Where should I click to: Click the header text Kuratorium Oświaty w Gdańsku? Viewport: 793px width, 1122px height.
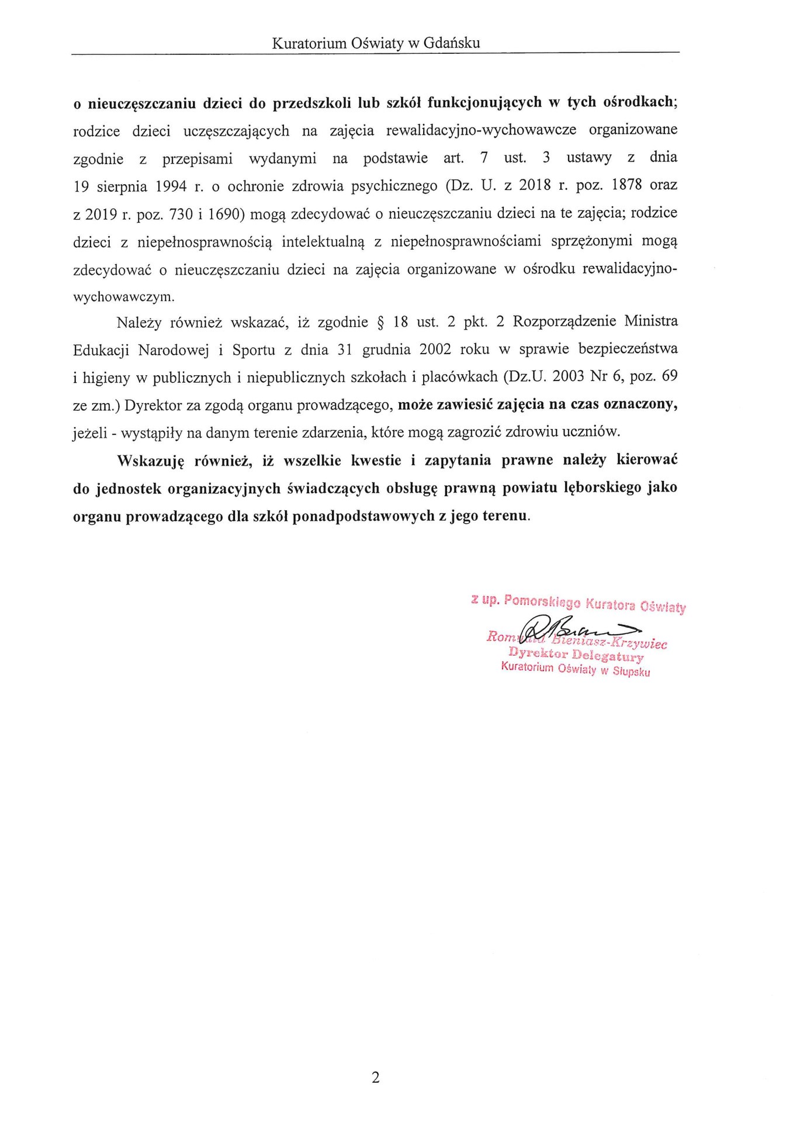[376, 43]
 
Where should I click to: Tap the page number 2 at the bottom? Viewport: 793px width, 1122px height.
[375, 1077]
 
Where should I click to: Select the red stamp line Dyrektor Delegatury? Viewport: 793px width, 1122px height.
[576, 655]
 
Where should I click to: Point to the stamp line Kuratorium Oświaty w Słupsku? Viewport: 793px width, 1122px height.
[576, 670]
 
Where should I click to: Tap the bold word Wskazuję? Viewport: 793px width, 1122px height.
[151, 460]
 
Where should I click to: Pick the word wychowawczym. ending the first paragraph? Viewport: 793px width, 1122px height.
[123, 296]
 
